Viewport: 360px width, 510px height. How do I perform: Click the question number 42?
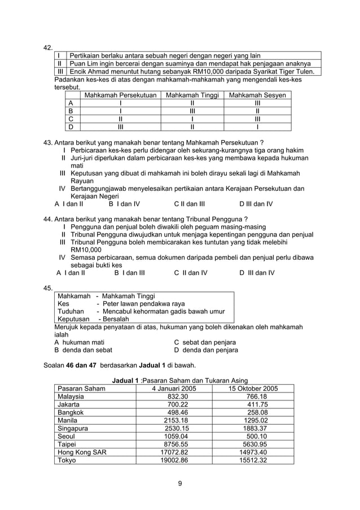(48, 47)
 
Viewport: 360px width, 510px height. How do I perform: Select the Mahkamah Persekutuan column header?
(120, 95)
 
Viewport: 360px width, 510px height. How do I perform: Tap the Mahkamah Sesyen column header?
(257, 95)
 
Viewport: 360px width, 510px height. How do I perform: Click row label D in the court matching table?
(71, 127)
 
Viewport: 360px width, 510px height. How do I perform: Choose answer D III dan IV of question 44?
(257, 273)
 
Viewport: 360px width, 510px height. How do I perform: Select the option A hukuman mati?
(79, 342)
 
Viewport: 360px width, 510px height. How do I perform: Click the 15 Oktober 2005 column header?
(253, 388)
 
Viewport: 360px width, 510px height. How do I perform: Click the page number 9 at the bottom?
(179, 482)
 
